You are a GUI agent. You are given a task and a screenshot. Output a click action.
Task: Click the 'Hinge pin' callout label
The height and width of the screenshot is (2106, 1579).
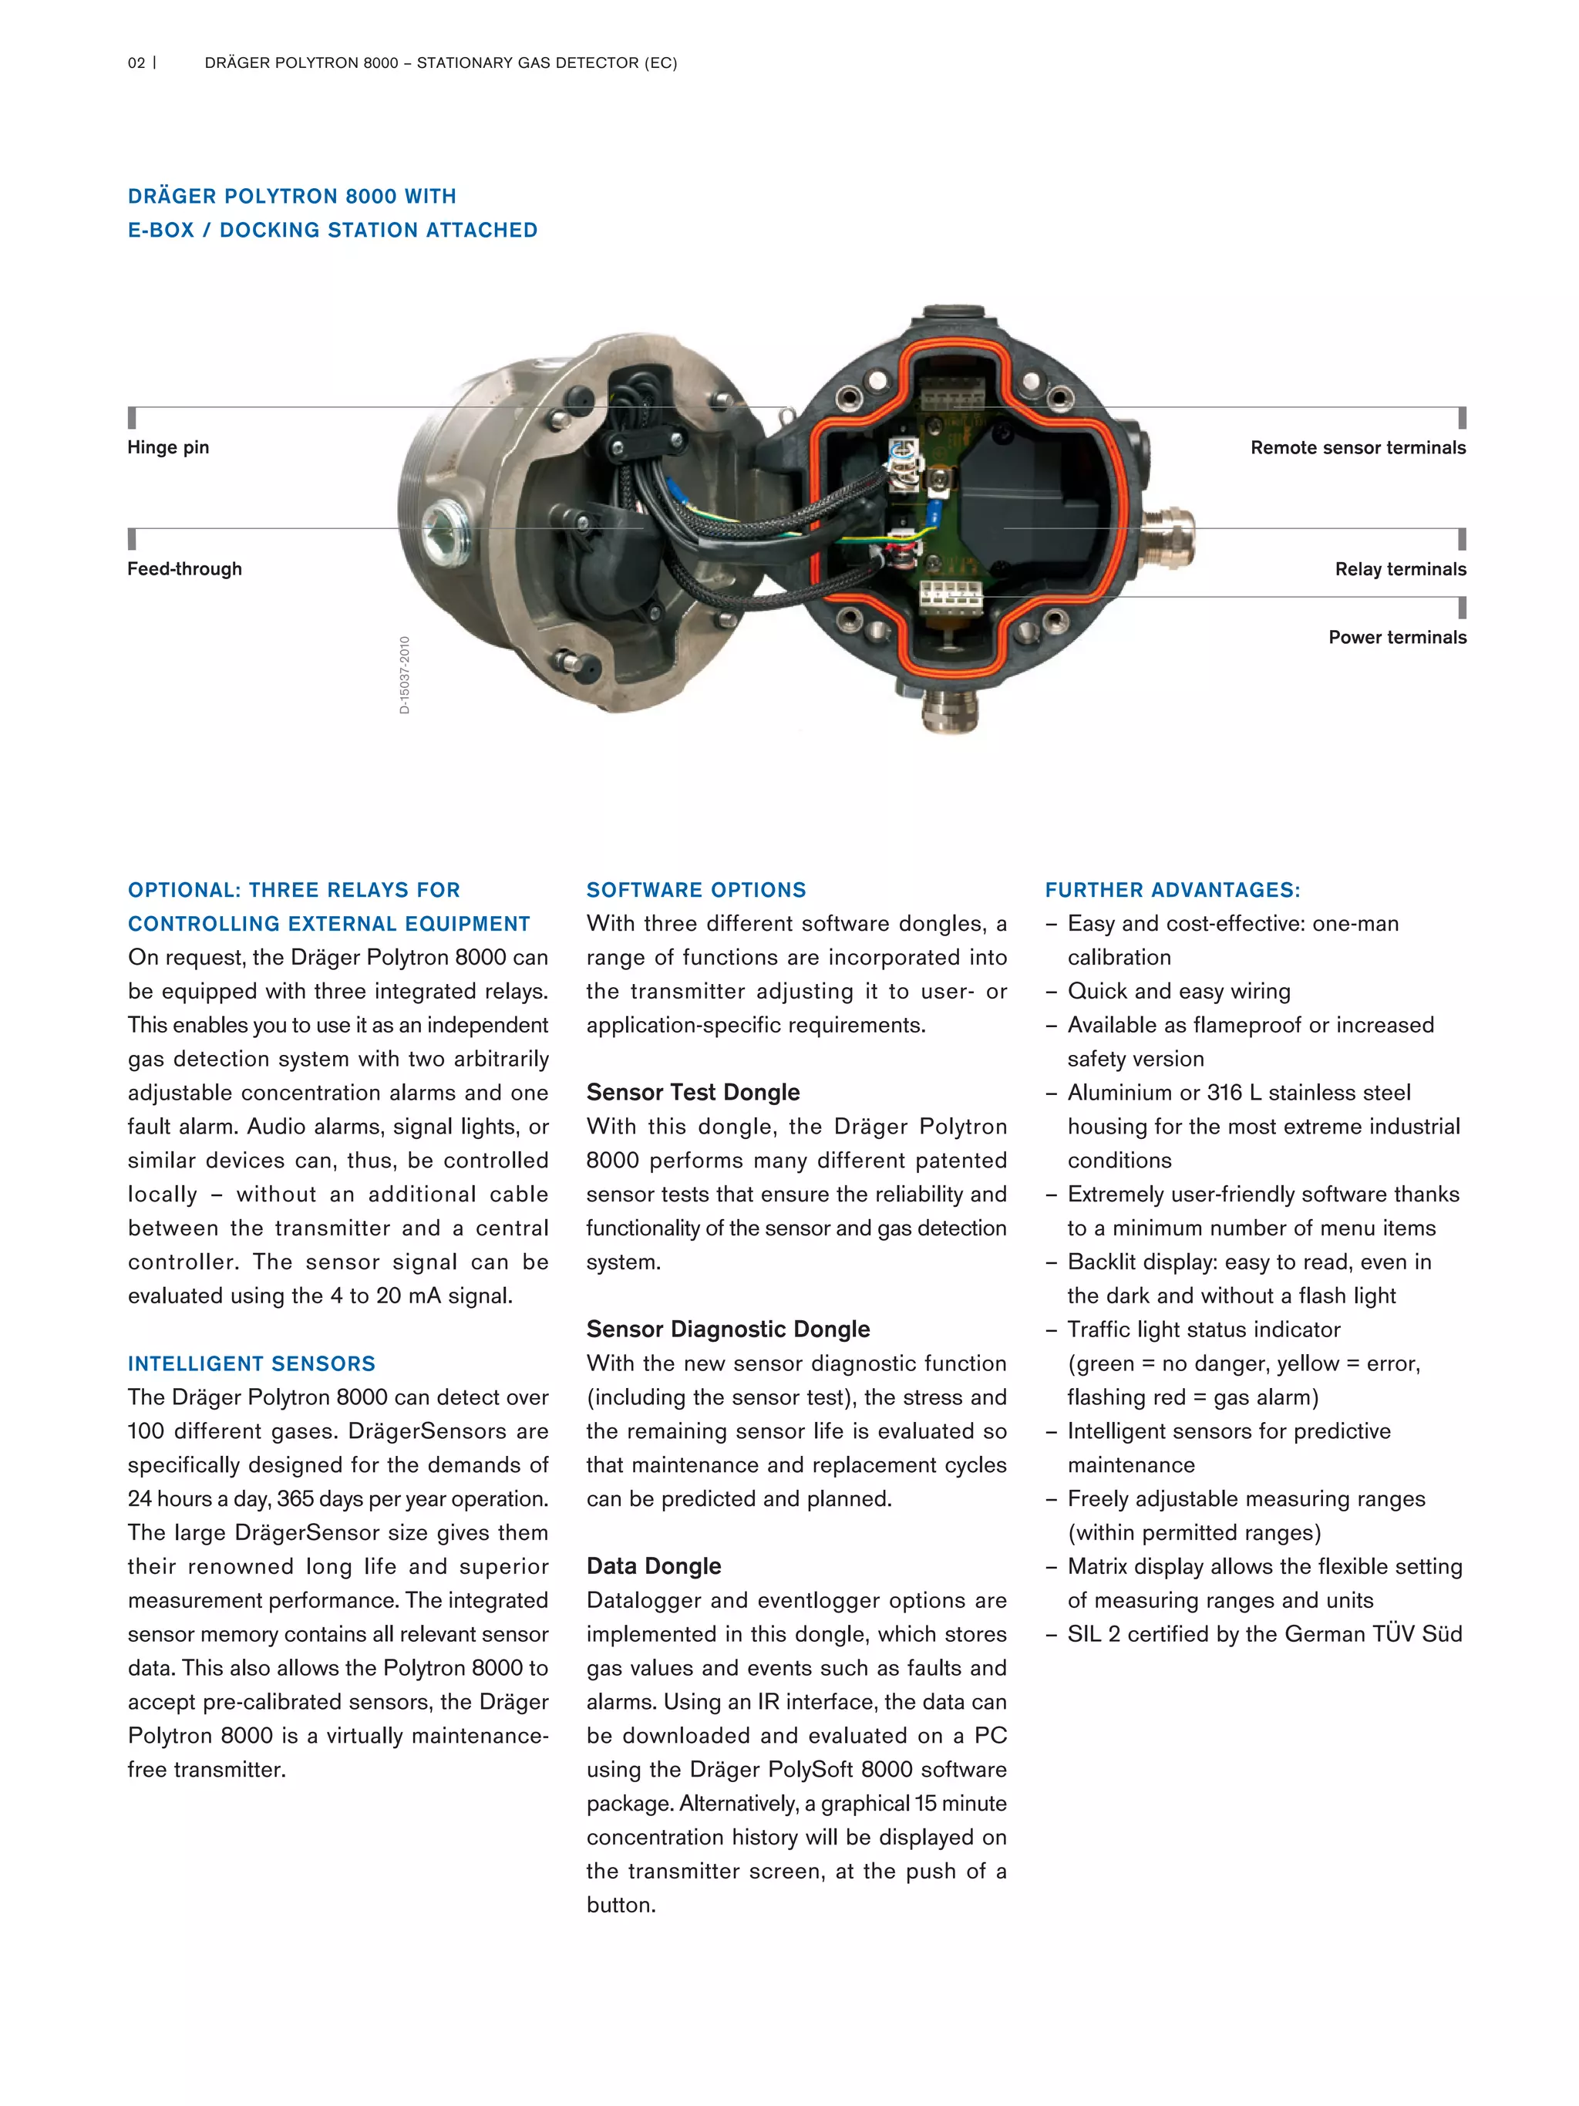169,447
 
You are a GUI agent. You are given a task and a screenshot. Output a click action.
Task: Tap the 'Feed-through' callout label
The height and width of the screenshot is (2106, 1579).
184,568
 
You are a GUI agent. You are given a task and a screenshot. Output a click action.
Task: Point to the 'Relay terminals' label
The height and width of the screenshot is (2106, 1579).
1400,568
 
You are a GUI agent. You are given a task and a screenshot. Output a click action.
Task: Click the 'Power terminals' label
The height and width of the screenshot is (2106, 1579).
1397,637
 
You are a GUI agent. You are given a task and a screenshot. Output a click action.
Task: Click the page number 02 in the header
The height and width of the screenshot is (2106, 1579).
136,62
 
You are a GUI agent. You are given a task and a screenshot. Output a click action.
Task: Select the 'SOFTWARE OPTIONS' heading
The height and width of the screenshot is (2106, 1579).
695,889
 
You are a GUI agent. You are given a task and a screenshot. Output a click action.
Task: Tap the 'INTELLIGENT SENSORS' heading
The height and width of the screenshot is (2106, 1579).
251,1363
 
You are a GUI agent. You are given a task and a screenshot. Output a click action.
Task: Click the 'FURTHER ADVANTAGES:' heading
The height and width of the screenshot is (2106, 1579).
1172,889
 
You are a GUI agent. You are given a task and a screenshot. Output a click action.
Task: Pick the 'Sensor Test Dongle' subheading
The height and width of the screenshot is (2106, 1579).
693,1092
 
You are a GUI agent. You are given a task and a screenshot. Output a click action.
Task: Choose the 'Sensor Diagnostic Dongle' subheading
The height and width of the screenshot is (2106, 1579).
728,1329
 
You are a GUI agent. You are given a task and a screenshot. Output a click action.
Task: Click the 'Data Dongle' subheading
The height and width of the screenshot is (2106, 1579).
653,1566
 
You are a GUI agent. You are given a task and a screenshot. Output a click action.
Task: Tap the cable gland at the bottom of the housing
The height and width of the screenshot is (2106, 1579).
950,709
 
